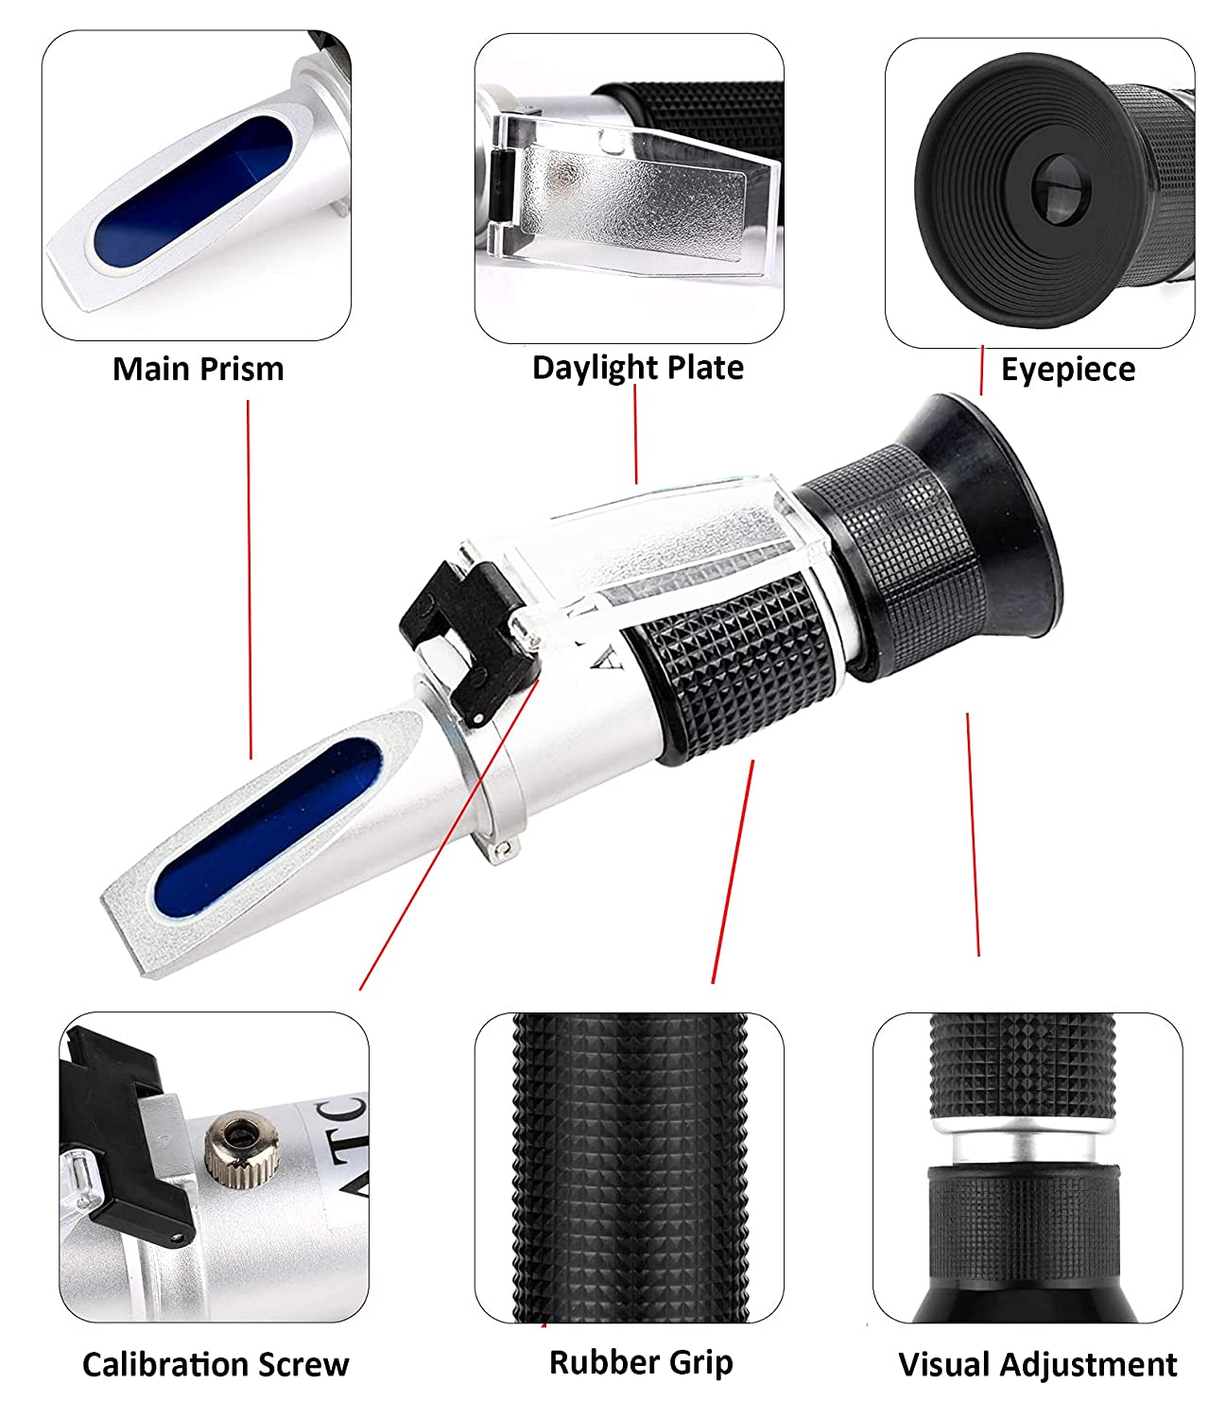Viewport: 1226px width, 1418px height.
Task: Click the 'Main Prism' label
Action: pos(198,369)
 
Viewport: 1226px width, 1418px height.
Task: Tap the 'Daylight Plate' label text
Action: pos(637,367)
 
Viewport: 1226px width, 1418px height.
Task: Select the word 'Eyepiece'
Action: pos(1067,370)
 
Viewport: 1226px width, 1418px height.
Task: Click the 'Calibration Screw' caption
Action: pos(216,1364)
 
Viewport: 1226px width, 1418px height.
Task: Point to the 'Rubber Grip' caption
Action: pos(640,1362)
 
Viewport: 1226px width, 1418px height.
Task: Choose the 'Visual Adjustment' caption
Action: pos(1037,1364)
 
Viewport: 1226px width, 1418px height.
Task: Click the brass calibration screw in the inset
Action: pos(233,1148)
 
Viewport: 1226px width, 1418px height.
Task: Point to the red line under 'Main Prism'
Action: pos(250,577)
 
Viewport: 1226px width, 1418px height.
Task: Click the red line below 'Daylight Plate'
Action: pos(635,435)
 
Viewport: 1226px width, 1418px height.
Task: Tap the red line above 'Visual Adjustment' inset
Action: pos(973,832)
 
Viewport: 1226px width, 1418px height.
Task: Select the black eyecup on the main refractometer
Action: pos(983,529)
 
